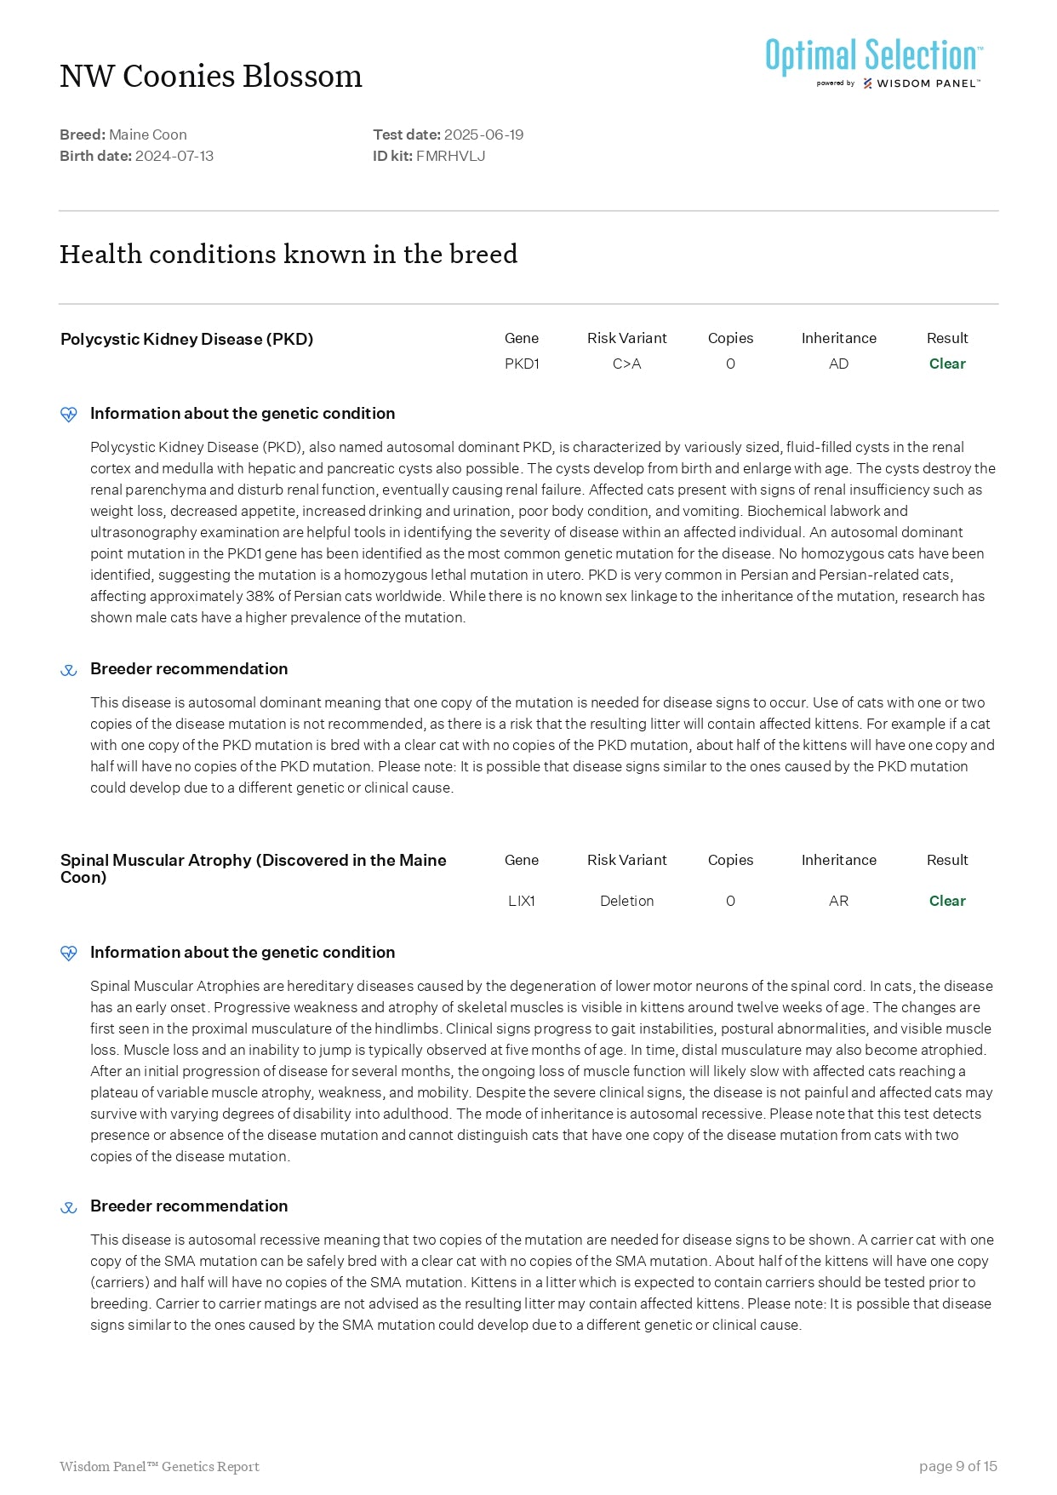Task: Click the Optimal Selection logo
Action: click(874, 62)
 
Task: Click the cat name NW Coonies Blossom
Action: click(211, 77)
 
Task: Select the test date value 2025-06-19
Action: click(483, 135)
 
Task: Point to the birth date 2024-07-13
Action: click(174, 156)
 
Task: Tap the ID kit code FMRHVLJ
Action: click(450, 156)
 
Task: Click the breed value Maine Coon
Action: click(148, 135)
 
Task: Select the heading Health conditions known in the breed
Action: click(289, 255)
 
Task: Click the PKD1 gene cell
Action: click(522, 364)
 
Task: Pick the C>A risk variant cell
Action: click(627, 364)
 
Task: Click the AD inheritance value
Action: click(838, 364)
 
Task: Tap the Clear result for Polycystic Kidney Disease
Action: click(947, 364)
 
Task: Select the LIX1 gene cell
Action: click(522, 901)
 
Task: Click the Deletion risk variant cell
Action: click(627, 901)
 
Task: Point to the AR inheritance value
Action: click(838, 901)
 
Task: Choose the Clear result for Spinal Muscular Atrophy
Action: click(947, 901)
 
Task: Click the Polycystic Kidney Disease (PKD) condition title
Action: click(187, 340)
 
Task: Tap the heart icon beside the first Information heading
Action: click(69, 415)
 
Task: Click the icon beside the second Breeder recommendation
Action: click(69, 1207)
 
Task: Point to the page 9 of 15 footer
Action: click(957, 1466)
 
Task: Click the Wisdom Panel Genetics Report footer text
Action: click(159, 1466)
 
